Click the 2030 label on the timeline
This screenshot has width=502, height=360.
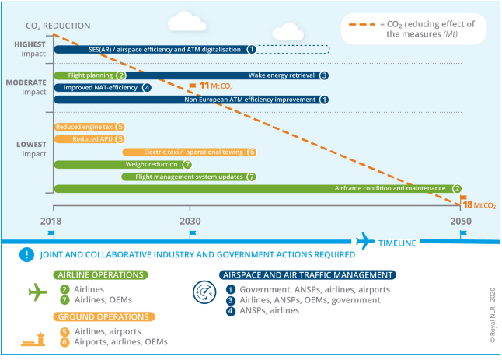[x=190, y=220]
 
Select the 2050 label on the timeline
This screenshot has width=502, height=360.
[x=461, y=220]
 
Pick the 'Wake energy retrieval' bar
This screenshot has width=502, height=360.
[x=233, y=75]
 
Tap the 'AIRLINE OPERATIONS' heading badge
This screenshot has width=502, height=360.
[x=101, y=274]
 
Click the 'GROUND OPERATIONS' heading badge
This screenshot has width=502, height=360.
[x=103, y=316]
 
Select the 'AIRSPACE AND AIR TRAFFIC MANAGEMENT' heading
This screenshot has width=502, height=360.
[x=308, y=274]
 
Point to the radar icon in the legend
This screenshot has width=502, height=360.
[x=204, y=292]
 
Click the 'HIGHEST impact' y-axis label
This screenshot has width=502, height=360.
[x=30, y=48]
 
